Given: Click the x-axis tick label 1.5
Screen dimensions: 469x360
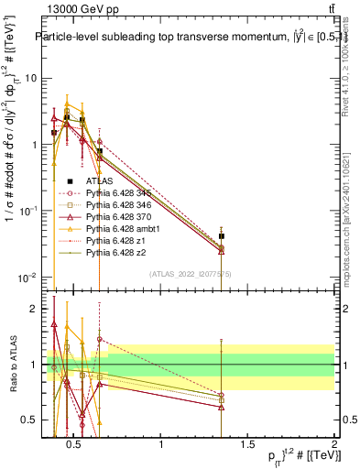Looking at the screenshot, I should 248,446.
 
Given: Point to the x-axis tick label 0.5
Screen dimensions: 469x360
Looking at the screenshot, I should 76,446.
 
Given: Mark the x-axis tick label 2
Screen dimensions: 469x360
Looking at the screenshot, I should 333,446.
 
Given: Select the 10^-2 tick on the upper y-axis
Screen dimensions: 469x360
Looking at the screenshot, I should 29,278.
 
